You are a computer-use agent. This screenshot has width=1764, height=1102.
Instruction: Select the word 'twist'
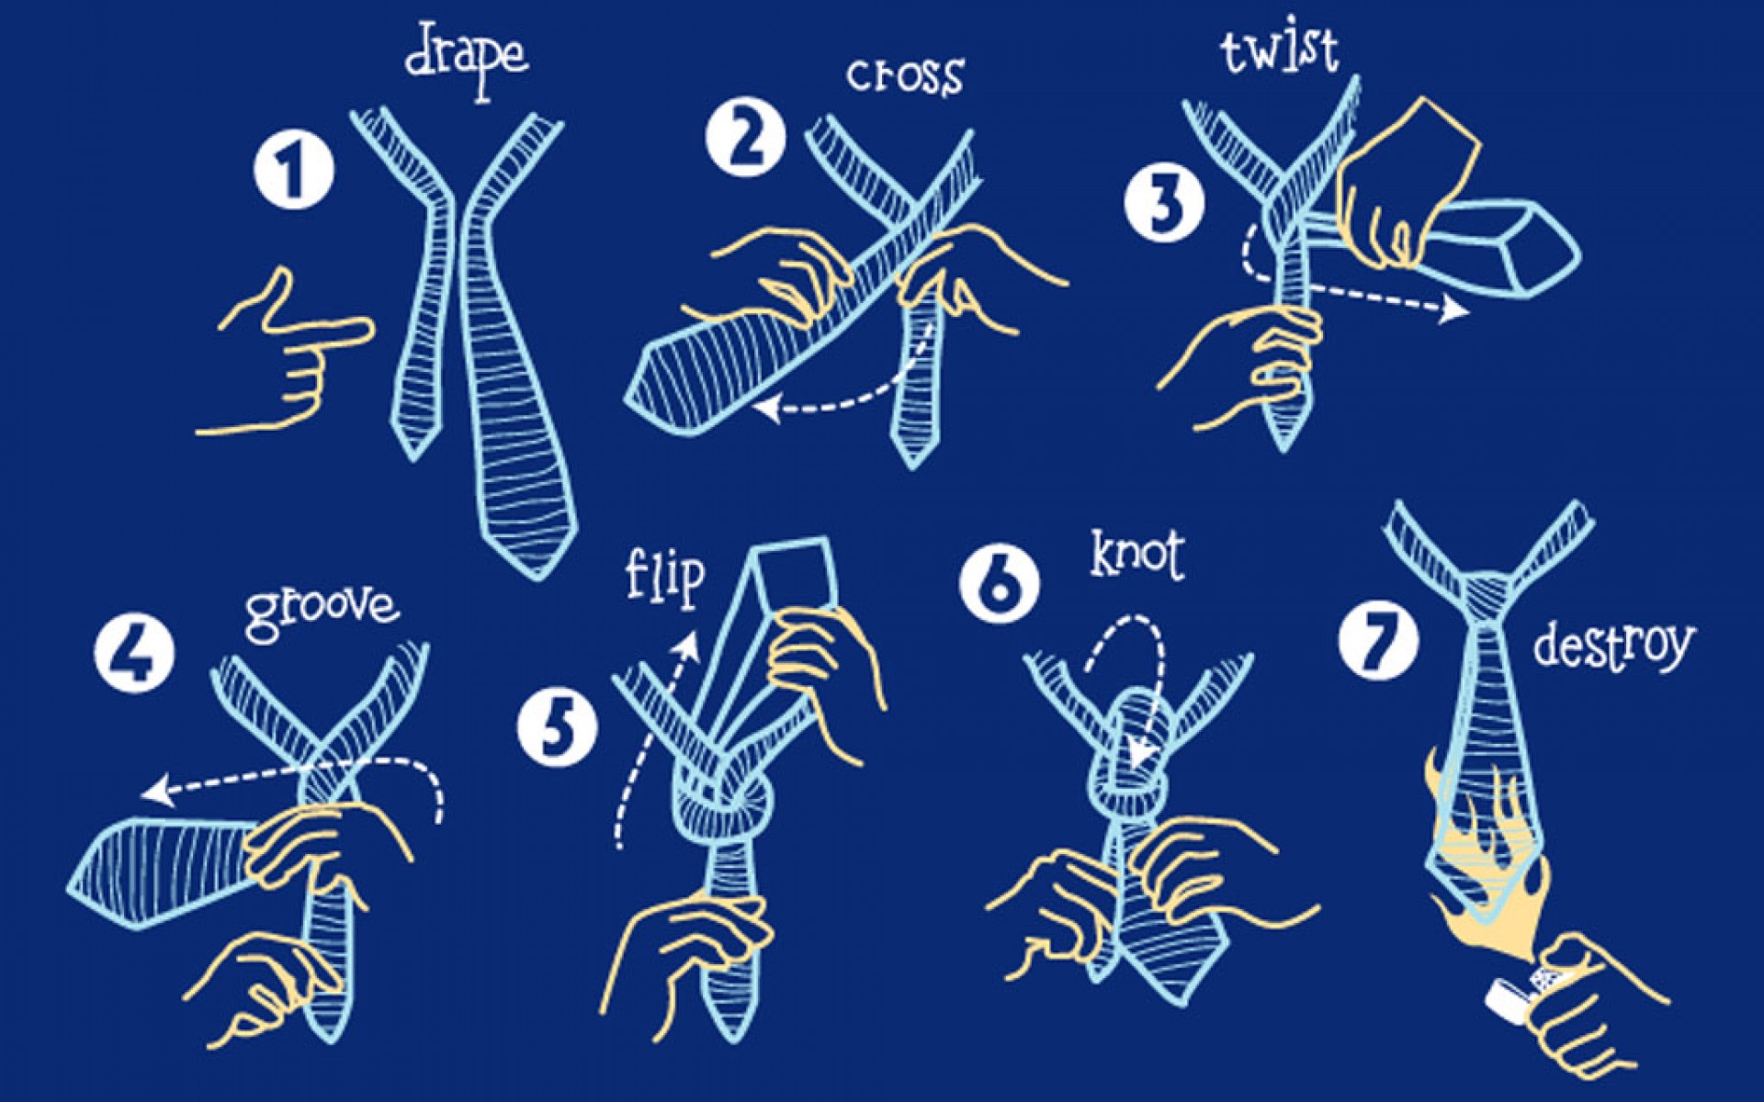pyautogui.click(x=1279, y=51)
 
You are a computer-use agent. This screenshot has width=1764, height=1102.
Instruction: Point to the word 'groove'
pyautogui.click(x=322, y=611)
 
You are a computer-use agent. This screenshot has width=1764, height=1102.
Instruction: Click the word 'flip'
pyautogui.click(x=665, y=577)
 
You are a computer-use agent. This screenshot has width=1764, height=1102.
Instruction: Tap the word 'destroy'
pyautogui.click(x=1612, y=646)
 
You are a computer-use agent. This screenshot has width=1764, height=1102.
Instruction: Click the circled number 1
pyautogui.click(x=293, y=171)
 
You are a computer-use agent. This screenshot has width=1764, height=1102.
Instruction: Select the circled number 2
pyautogui.click(x=745, y=138)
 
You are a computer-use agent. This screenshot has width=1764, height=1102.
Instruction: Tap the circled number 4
pyautogui.click(x=134, y=653)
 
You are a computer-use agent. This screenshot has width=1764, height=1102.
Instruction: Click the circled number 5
pyautogui.click(x=558, y=727)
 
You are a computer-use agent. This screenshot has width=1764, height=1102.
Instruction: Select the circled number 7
pyautogui.click(x=1378, y=639)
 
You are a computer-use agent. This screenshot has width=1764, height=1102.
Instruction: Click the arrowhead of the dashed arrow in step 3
pyautogui.click(x=1453, y=309)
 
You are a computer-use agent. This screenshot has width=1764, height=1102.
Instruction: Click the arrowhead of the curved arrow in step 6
pyautogui.click(x=1141, y=753)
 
